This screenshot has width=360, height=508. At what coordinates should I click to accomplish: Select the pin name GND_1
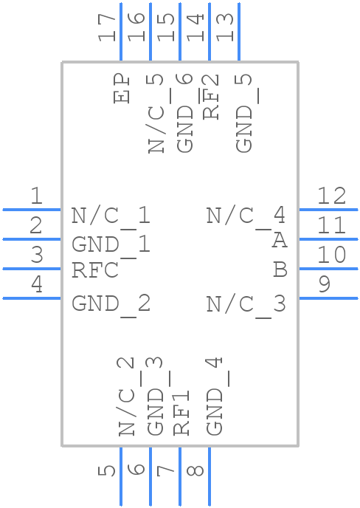[111, 244]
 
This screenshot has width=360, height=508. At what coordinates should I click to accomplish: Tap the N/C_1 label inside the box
[111, 216]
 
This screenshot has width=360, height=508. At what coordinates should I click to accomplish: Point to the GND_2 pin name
[111, 303]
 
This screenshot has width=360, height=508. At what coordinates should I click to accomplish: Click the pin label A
[279, 241]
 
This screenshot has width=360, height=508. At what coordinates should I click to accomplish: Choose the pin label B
[280, 270]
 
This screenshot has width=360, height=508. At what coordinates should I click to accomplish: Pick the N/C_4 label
[246, 216]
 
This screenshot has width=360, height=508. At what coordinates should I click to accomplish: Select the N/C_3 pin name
[246, 303]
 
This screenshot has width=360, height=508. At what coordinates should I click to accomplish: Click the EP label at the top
[122, 89]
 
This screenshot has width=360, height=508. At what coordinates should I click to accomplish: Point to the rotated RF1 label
[181, 412]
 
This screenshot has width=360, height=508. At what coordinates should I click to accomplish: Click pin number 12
[331, 196]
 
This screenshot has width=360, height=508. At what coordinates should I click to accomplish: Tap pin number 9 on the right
[324, 284]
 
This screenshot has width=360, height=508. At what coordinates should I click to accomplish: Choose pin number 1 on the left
[35, 196]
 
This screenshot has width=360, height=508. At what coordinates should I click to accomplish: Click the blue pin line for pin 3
[31, 269]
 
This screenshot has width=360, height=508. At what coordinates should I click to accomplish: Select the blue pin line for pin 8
[210, 476]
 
